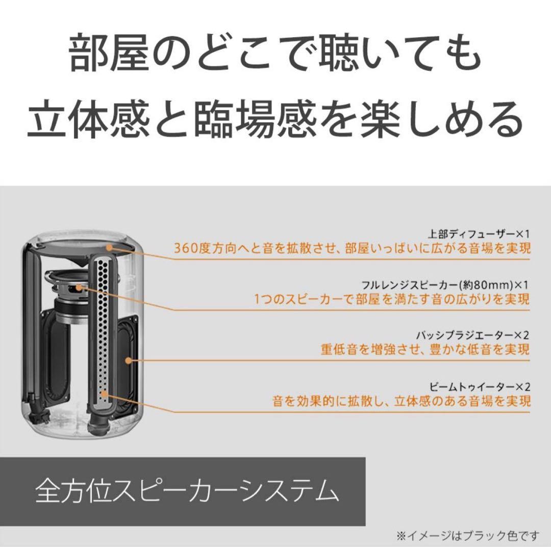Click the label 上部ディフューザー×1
pyautogui.click(x=479, y=235)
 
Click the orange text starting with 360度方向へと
pyautogui.click(x=352, y=248)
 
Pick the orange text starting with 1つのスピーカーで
pyautogui.click(x=392, y=298)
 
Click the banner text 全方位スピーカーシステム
pyautogui.click(x=187, y=491)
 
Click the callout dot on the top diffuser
pyautogui.click(x=110, y=247)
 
